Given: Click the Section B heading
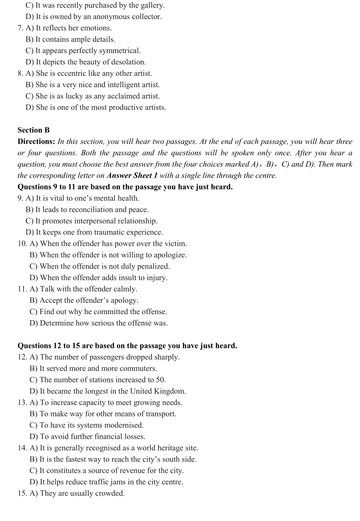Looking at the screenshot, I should tap(33, 130).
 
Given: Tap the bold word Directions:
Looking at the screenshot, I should tap(36, 141).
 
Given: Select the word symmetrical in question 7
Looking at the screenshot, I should tap(120, 51).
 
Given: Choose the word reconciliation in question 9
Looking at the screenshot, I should tap(91, 210).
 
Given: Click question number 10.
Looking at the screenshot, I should tap(22, 244).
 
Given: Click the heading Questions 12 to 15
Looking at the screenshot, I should tap(127, 346).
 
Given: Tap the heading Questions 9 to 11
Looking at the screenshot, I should tap(125, 187).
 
